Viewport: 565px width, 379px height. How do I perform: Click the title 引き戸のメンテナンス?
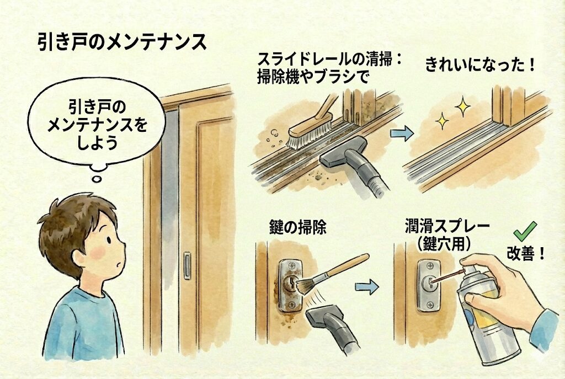pos(122,42)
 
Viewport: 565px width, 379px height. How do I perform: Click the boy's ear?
pos(80,256)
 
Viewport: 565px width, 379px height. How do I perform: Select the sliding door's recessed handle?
pos(187,266)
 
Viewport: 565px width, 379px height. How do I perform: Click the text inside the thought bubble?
pos(97,125)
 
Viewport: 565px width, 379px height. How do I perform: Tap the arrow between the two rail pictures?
pos(402,134)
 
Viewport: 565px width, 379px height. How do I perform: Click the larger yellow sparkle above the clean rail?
pos(462,106)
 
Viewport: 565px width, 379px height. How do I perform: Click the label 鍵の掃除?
pos(298,227)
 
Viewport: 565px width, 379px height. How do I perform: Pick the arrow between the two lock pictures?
pos(367,287)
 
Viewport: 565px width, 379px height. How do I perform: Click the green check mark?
pos(525,231)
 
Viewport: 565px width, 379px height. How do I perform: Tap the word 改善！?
pos(526,254)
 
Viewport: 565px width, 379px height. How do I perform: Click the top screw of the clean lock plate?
pos(429,266)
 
